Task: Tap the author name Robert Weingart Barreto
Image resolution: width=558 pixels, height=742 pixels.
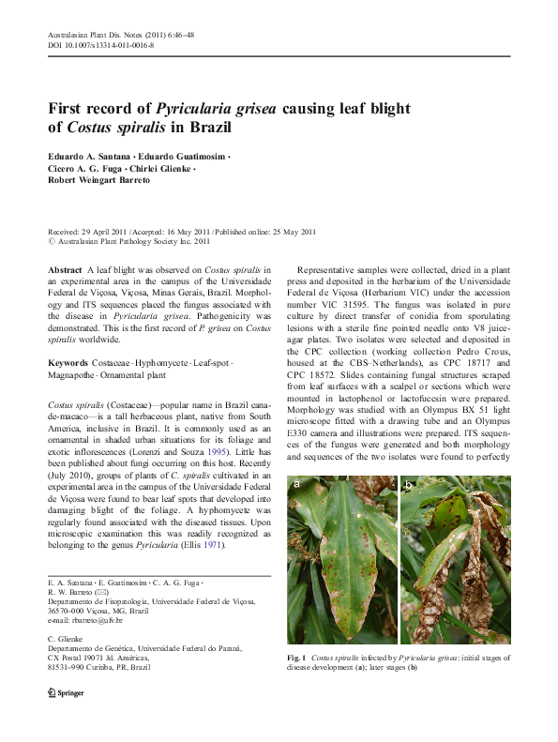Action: coord(98,179)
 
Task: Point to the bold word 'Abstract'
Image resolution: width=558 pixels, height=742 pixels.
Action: coord(65,269)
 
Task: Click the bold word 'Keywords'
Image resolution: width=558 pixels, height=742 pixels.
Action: coord(68,336)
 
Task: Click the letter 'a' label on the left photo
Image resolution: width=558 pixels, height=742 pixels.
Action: coord(296,485)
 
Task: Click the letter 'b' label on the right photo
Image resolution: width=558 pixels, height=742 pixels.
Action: coord(410,485)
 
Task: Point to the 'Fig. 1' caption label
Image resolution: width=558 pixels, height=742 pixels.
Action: coord(299,659)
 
